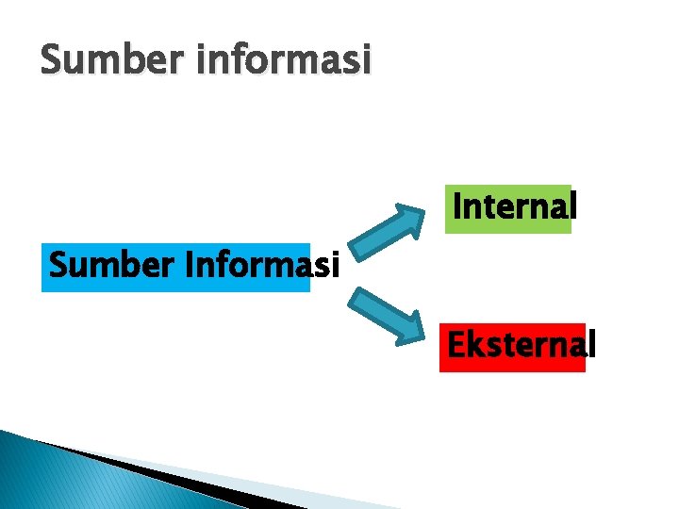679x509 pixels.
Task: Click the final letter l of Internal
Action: (572, 205)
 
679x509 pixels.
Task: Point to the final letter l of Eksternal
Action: (591, 345)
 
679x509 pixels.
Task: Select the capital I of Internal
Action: (457, 205)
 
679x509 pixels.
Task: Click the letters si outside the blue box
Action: (326, 267)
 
